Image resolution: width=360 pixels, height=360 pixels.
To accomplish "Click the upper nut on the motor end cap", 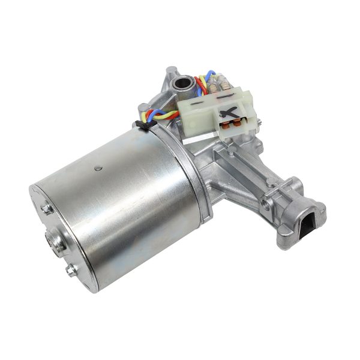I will [46, 209].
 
